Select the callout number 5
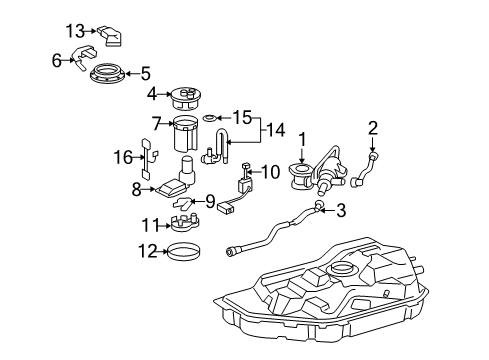146,72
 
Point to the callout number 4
152,96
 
